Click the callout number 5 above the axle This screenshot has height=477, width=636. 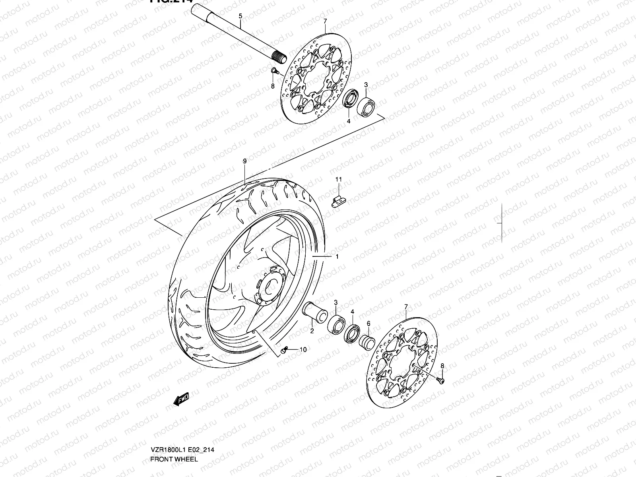[x=240, y=16]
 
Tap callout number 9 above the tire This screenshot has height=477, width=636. [x=245, y=161]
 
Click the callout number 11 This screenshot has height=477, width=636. [x=338, y=180]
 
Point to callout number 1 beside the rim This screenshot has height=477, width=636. [x=337, y=257]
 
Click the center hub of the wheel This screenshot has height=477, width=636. [x=271, y=283]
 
